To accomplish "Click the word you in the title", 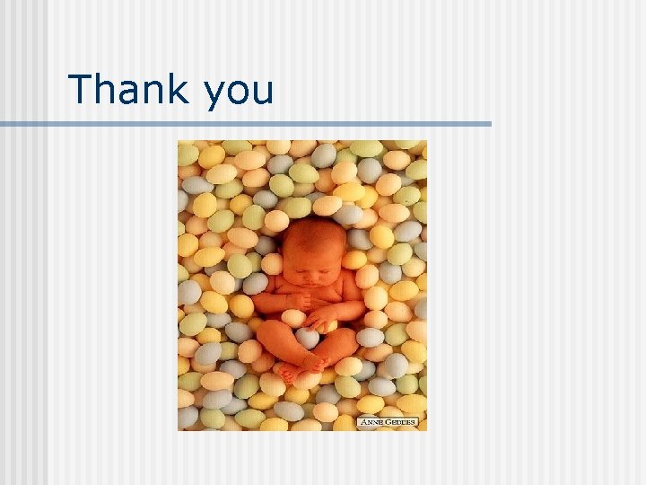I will click(x=239, y=92).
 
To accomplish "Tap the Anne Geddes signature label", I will click(x=388, y=421).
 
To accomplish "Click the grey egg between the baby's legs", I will click(x=307, y=337).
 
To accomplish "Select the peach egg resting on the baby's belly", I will click(x=293, y=317).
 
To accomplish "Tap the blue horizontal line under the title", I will click(x=246, y=123).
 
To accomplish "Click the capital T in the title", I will click(x=81, y=89).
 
